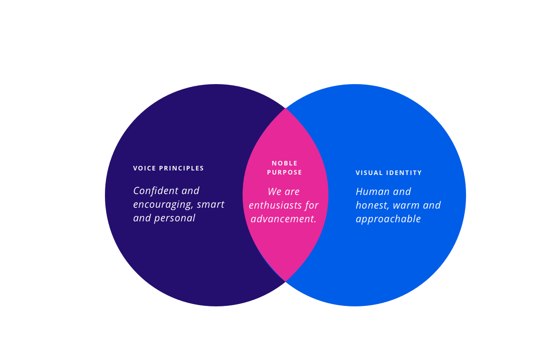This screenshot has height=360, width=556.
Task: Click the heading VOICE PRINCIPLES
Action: tap(169, 168)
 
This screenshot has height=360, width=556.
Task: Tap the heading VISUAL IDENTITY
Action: tap(389, 173)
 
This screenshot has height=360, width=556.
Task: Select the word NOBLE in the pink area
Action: tap(285, 163)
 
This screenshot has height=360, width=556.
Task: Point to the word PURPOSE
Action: tap(285, 173)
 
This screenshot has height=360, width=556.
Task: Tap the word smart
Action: tap(211, 205)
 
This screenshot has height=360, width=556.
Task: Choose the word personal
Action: tap(174, 218)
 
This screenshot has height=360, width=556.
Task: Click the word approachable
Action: tap(388, 220)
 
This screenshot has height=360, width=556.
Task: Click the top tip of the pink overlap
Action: tap(285, 109)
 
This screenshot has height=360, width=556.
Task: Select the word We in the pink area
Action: tap(275, 192)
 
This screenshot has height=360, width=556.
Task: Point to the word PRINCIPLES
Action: tap(181, 168)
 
